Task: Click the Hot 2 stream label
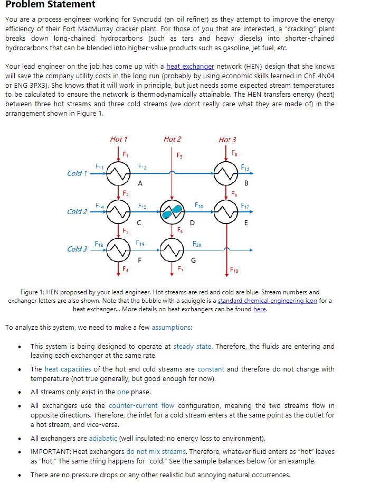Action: click(172, 139)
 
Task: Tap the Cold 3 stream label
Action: click(77, 248)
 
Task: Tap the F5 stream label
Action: click(179, 156)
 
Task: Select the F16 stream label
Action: click(199, 204)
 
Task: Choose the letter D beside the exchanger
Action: click(192, 224)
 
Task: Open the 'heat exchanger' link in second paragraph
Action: click(190, 66)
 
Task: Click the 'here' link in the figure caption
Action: click(260, 309)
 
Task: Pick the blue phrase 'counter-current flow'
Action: click(141, 406)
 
